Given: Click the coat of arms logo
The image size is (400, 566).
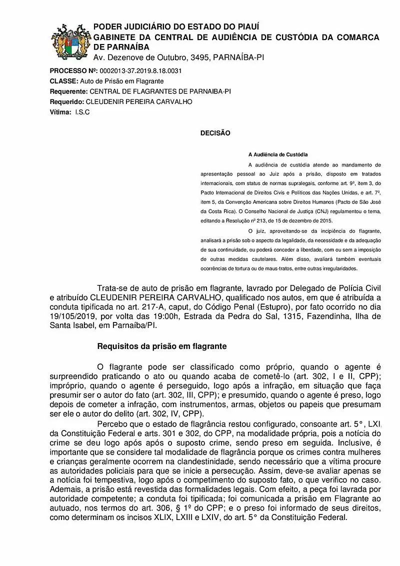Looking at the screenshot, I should click(70, 42).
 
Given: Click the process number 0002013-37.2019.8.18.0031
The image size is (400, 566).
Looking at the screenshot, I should click(140, 70).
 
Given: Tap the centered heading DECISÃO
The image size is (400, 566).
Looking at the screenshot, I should click(215, 133).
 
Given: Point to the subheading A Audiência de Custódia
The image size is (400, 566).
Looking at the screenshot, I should click(277, 154).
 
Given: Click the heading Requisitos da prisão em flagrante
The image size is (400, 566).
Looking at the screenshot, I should click(162, 346).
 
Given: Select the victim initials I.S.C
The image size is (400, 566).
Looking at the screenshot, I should click(82, 112).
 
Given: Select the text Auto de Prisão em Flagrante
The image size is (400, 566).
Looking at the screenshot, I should click(122, 81).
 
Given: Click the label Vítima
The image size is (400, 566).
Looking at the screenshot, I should click(60, 112).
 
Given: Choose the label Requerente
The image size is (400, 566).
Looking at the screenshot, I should click(68, 91).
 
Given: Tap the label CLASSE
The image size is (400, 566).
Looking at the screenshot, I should click(63, 81).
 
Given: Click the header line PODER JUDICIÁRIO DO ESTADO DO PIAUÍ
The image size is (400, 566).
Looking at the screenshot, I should click(176, 26).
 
